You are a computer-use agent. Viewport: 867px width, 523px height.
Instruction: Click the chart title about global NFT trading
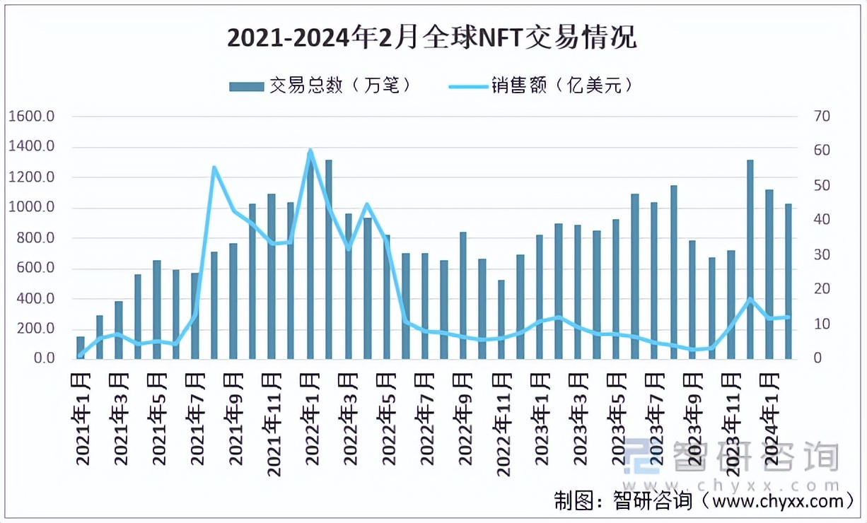point(432,37)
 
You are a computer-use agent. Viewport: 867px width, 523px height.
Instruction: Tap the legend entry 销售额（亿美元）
point(541,86)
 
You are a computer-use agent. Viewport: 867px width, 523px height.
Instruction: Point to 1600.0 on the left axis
point(33,117)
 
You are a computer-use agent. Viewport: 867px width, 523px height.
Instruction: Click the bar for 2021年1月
point(81,348)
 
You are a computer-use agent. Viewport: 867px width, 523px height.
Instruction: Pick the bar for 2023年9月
point(692,300)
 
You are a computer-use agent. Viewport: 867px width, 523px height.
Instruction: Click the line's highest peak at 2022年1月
point(310,150)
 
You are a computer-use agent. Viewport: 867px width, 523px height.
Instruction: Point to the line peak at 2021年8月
point(214,168)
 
